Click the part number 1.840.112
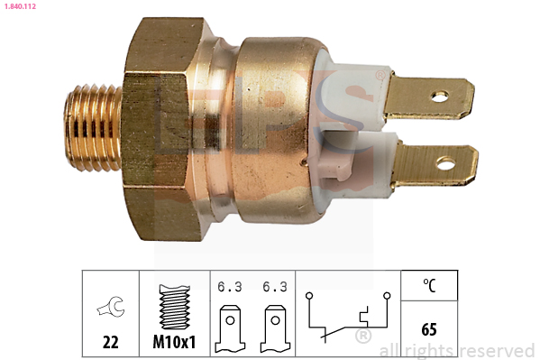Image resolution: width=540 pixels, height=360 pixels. tap(20, 6)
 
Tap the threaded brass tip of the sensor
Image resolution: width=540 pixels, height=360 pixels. tap(93, 128)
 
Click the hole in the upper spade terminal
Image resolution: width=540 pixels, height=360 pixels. tap(440, 97)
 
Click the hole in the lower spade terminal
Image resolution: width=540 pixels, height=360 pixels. tap(446, 163)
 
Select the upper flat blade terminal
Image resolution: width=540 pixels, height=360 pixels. tap(429, 98)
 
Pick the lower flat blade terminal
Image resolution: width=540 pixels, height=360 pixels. tap(435, 165)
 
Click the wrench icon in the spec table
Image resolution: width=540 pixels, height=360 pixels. tap(110, 306)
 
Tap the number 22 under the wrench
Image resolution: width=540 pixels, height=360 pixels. tap(111, 342)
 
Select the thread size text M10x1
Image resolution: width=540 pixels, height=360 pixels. tap(174, 342)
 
